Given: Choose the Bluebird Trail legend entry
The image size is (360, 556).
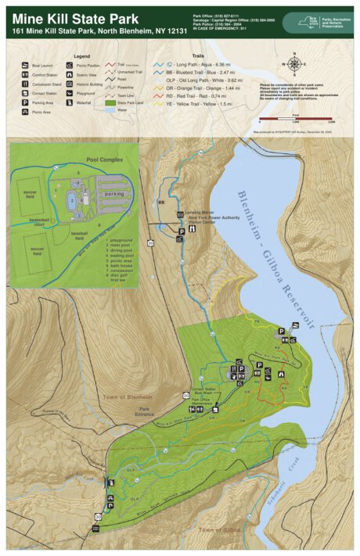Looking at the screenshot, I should click(x=214, y=71).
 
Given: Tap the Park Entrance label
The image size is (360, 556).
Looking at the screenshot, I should click(x=144, y=412).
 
